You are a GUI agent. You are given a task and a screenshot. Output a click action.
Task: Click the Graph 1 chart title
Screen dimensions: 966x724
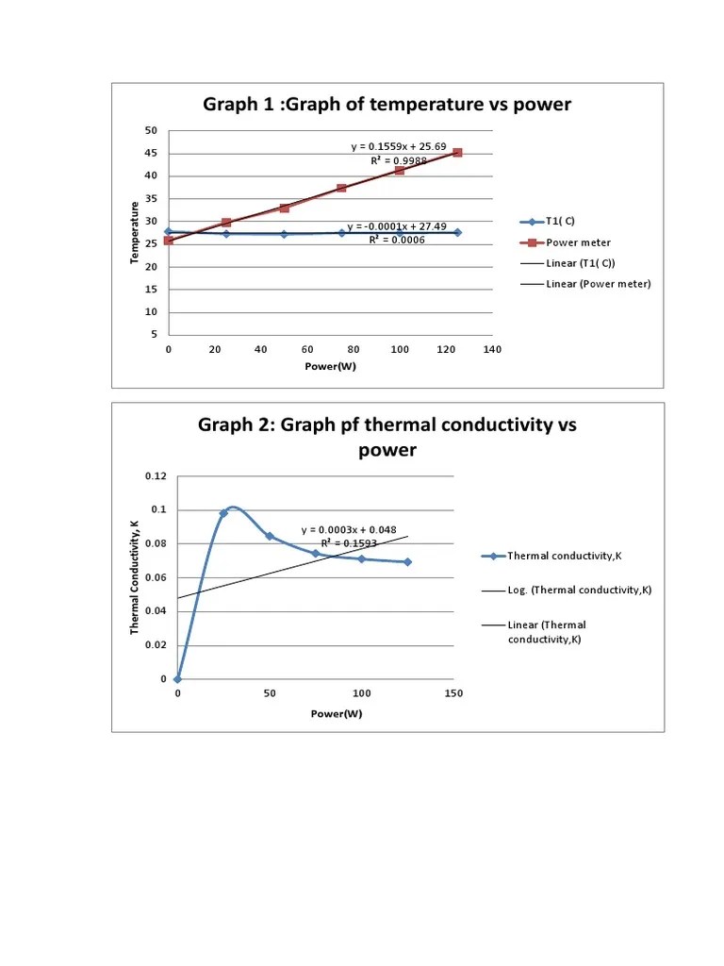pos(387,105)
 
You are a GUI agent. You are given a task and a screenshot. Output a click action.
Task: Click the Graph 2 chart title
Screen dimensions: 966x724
pos(387,437)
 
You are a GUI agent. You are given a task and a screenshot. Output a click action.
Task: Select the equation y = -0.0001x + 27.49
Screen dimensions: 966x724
pos(397,226)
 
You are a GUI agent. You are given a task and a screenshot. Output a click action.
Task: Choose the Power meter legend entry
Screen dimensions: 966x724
pos(578,242)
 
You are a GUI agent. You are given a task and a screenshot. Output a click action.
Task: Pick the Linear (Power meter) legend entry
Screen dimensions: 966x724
pos(598,283)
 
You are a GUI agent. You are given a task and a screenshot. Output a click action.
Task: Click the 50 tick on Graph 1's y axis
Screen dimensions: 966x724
pos(151,130)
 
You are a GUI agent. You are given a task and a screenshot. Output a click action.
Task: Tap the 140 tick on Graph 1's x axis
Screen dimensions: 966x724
pos(492,350)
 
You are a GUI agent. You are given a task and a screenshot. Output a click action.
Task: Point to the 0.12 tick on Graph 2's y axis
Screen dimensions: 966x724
pos(156,475)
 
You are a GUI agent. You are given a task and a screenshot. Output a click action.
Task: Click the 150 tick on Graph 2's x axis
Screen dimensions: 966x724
pos(453,693)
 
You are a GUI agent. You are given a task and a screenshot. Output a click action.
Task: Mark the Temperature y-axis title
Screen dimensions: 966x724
pos(136,232)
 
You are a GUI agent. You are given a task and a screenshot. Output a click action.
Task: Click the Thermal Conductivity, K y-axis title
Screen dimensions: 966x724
pos(135,576)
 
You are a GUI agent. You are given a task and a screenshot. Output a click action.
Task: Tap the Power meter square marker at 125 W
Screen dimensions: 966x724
pos(457,153)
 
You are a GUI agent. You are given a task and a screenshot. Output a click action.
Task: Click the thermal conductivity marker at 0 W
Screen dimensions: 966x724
pos(177,679)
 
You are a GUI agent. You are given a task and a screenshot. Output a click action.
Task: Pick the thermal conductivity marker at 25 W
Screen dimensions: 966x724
pos(223,513)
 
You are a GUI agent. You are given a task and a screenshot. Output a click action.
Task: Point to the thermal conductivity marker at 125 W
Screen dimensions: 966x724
pos(407,562)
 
